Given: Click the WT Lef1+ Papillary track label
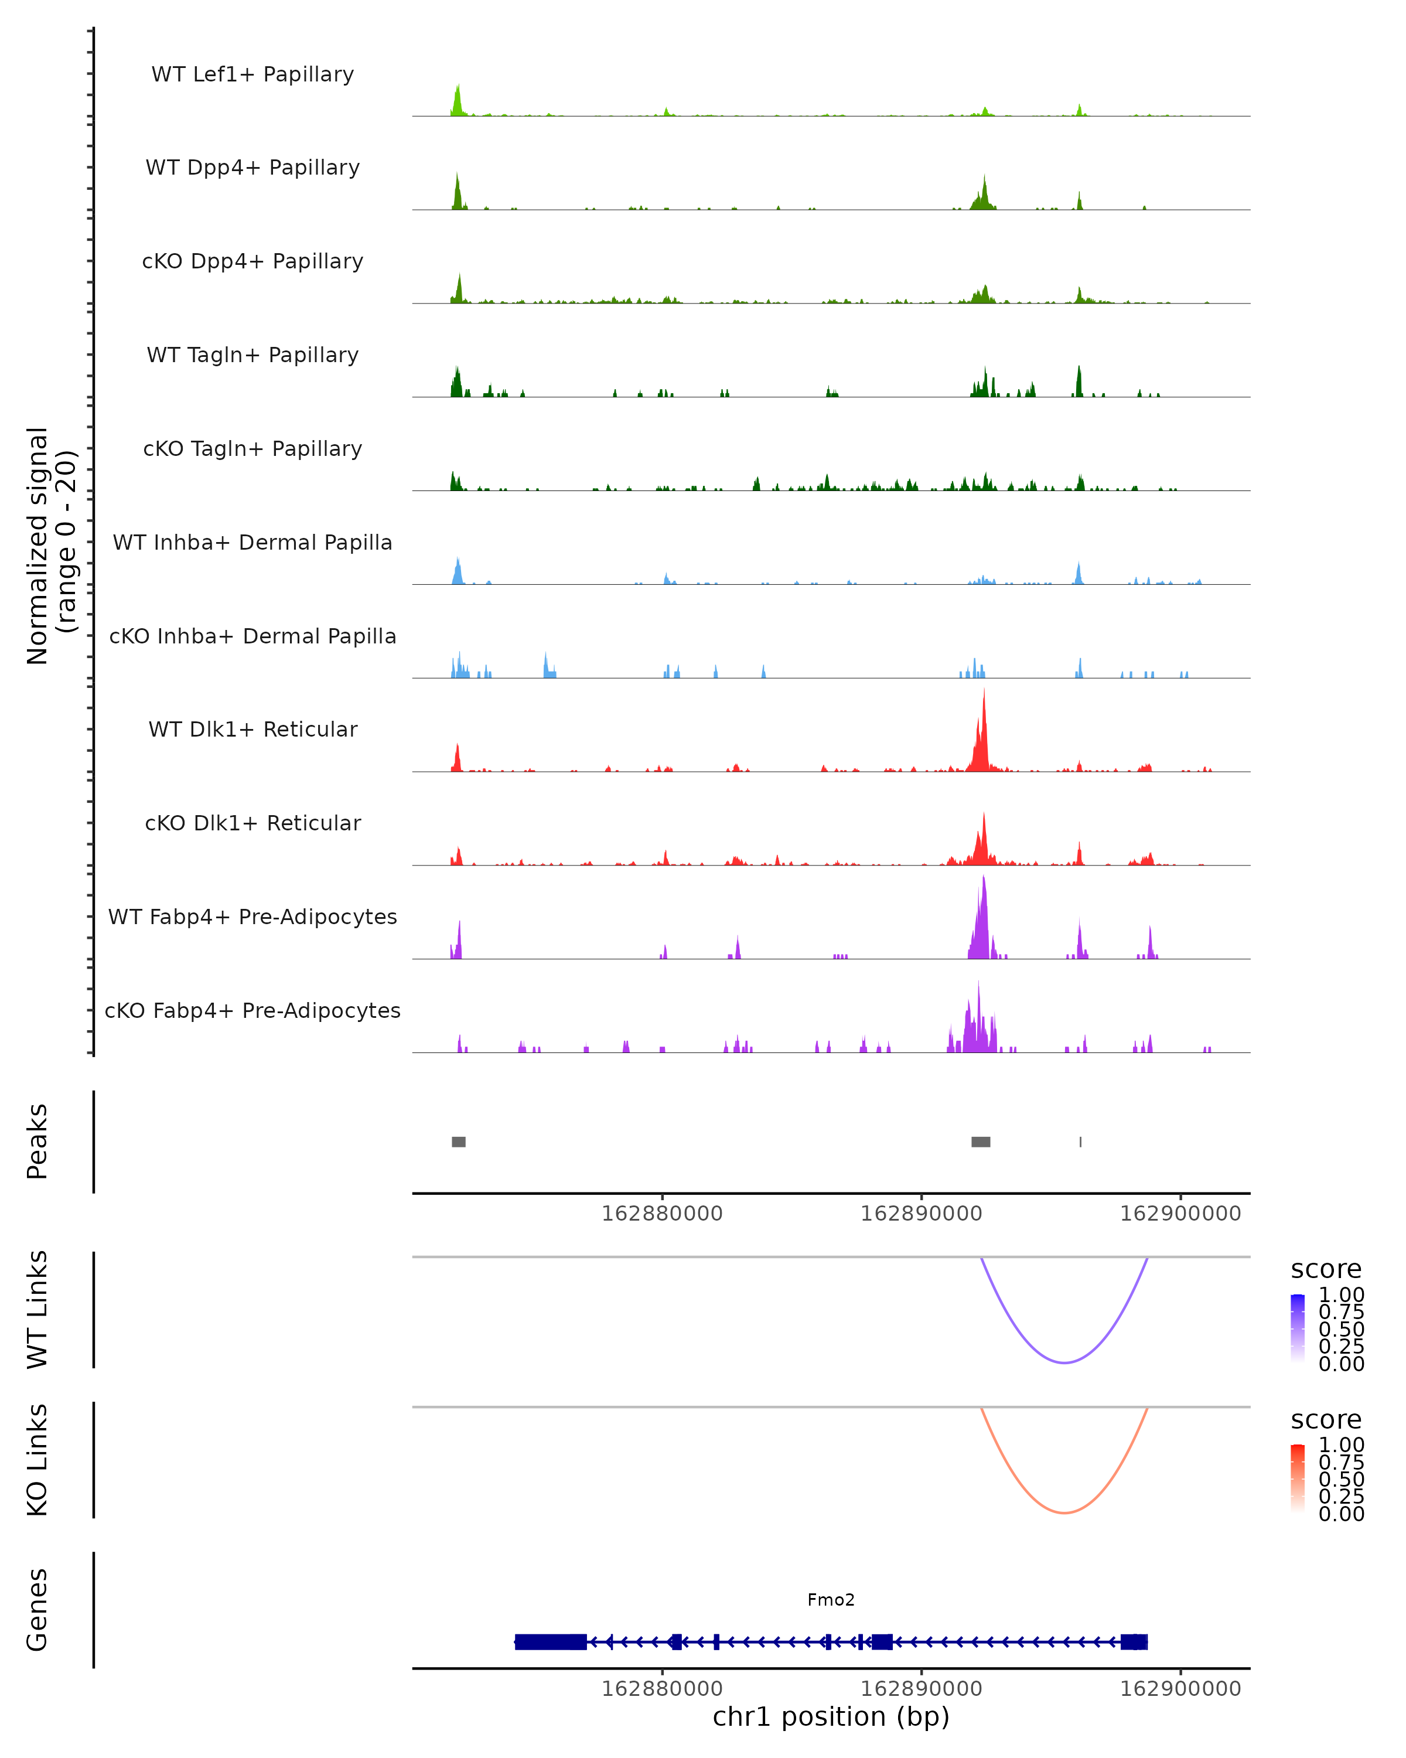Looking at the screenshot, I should (x=252, y=74).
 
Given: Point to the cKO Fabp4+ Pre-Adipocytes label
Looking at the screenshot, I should (x=252, y=1010).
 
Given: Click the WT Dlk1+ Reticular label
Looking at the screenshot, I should (x=252, y=729).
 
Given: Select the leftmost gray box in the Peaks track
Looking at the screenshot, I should (x=459, y=1142).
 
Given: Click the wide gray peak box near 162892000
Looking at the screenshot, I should (x=981, y=1142).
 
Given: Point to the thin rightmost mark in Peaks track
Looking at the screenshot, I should (x=1081, y=1142).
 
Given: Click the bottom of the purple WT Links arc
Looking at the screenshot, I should (x=1064, y=1362).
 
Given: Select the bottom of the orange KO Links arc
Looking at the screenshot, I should (x=1064, y=1512).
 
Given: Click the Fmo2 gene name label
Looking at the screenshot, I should (x=831, y=1600).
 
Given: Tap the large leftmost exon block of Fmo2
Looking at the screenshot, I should (x=551, y=1641).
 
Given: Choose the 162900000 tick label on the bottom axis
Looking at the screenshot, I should (x=1180, y=1689).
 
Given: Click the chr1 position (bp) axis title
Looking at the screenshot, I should (x=831, y=1716).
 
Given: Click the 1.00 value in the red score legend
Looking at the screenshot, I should (x=1341, y=1445).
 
